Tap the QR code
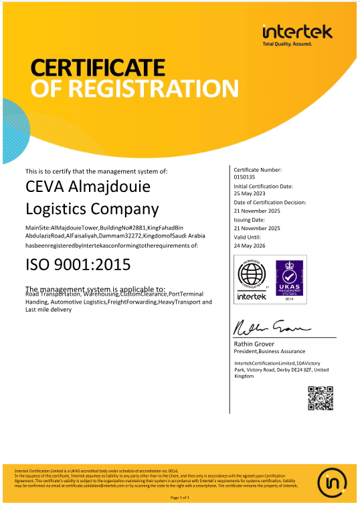[x=320, y=397]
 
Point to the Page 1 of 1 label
[x=180, y=498]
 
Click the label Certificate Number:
[x=258, y=171]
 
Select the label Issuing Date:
[x=249, y=219]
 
